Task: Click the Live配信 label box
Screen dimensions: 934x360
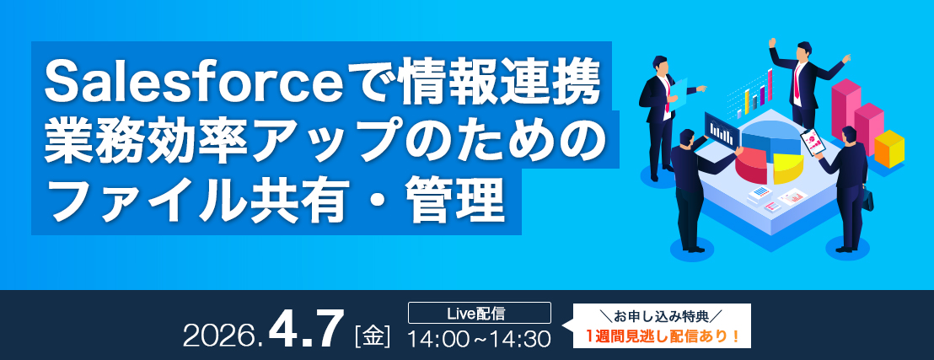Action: point(480,312)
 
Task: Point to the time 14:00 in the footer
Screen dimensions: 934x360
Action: point(437,339)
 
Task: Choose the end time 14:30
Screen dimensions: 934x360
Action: point(521,339)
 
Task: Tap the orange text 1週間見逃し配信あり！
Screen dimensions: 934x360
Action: point(662,336)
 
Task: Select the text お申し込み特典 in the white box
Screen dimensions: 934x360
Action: point(662,314)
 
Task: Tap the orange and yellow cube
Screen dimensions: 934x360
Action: point(888,148)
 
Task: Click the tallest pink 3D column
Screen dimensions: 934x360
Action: point(845,110)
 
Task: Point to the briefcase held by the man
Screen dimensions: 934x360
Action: point(868,200)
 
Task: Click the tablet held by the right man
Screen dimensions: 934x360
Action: point(812,142)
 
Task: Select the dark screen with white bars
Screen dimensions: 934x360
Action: point(722,129)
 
